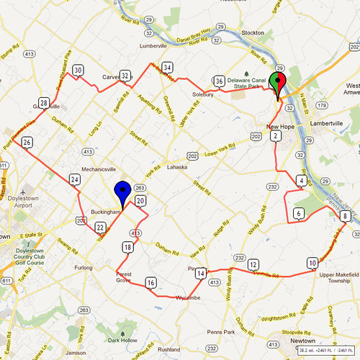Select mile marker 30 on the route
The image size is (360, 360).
pyautogui.click(x=78, y=70)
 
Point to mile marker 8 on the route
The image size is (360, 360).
pyautogui.click(x=346, y=216)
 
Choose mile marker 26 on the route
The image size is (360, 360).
pyautogui.click(x=27, y=143)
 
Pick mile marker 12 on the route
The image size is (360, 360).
pyautogui.click(x=253, y=265)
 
